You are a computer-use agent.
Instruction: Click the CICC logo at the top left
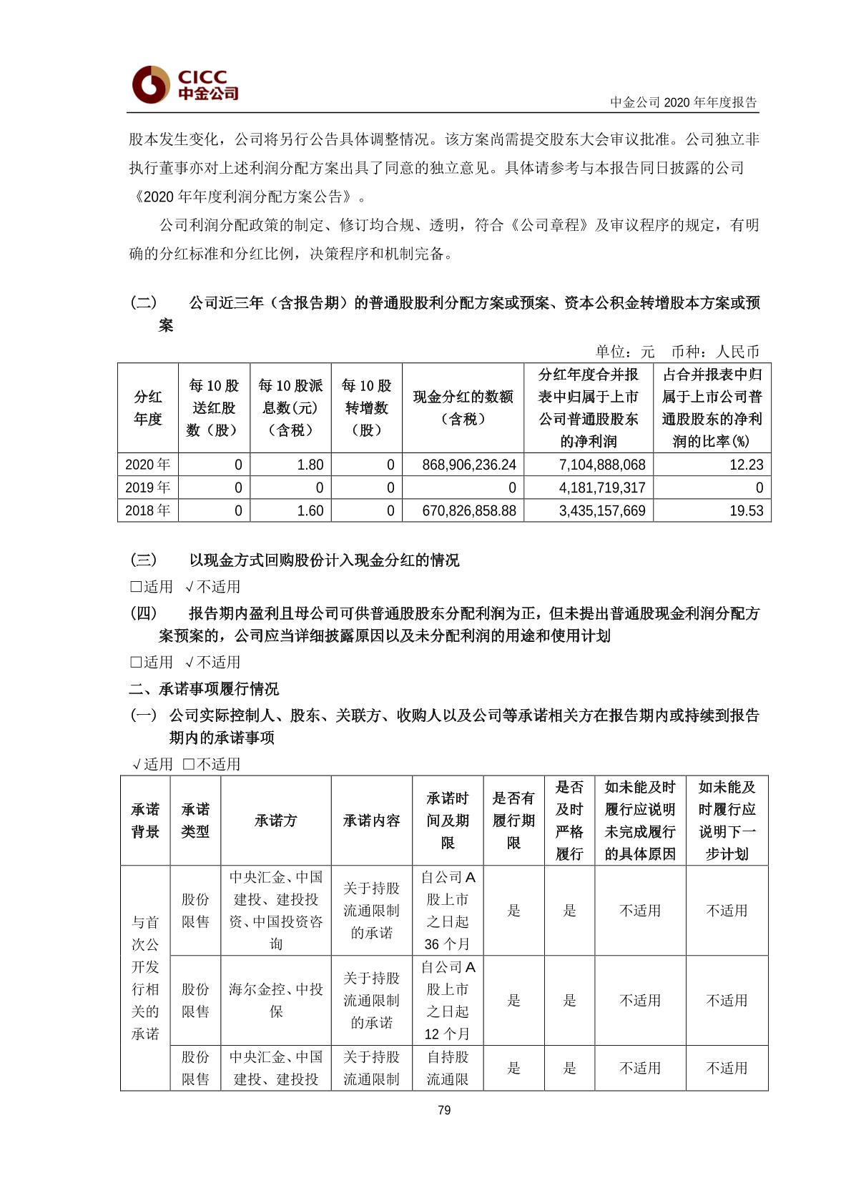[185, 85]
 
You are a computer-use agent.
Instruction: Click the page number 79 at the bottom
[443, 1109]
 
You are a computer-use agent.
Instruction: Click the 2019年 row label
[147, 487]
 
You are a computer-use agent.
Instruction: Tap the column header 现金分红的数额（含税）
[463, 407]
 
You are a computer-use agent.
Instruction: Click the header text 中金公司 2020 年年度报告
[683, 102]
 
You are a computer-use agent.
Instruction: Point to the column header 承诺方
[275, 820]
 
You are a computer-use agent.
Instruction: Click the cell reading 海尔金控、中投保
[275, 1000]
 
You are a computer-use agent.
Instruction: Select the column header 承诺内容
[371, 820]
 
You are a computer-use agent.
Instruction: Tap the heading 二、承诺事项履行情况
[204, 688]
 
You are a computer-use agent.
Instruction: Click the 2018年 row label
[147, 510]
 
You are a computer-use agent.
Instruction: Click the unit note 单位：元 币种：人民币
[677, 351]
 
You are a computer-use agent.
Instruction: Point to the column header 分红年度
[148, 407]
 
